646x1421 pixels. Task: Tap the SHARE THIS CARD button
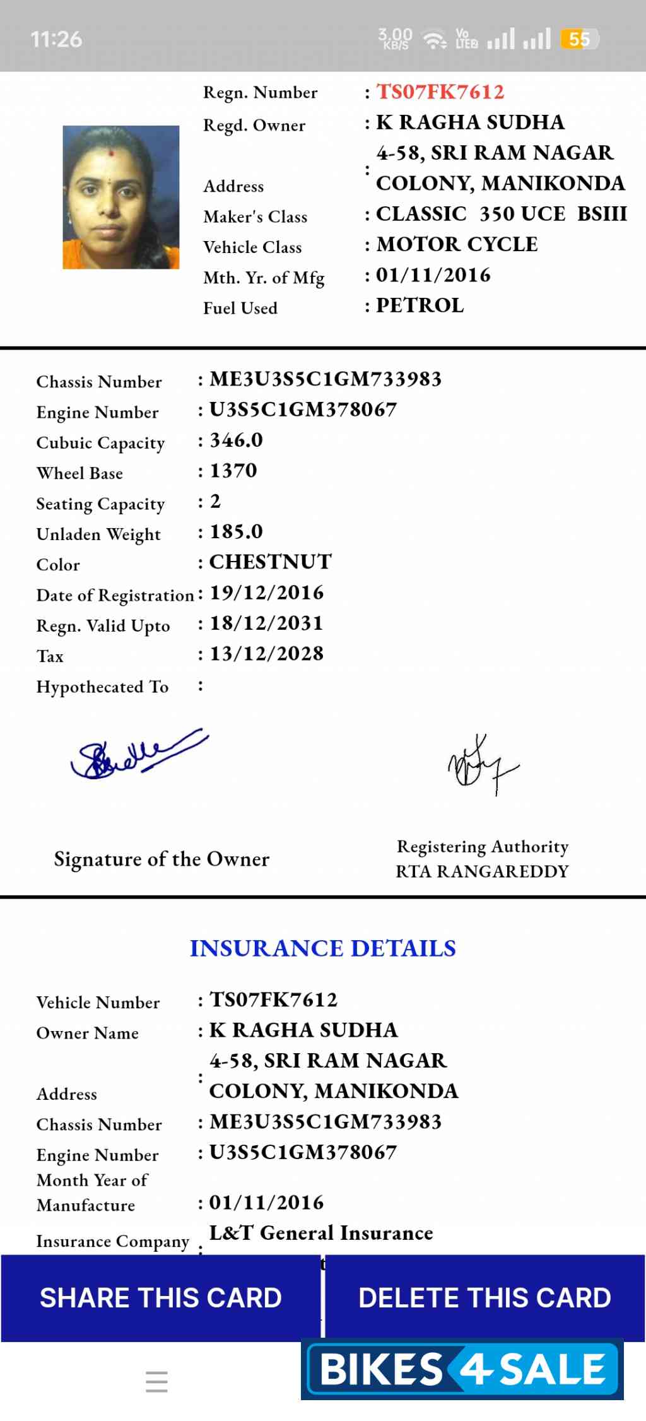coord(160,1297)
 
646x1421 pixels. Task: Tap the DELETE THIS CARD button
coord(484,1297)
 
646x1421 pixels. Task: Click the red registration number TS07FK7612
coord(440,92)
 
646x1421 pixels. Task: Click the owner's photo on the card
coord(120,198)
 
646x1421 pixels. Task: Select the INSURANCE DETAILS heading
coord(322,948)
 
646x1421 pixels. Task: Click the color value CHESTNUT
coord(270,562)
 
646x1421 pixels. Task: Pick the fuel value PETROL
coord(420,305)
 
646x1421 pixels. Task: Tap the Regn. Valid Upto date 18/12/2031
coord(266,623)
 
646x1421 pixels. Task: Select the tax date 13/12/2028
coord(266,654)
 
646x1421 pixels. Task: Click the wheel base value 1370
coord(233,471)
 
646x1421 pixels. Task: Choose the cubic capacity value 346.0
coord(236,440)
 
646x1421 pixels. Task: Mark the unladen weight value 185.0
coord(236,531)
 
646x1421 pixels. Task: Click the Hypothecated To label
coord(102,687)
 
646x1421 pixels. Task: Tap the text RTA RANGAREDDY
coord(482,871)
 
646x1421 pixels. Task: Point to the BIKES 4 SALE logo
coord(462,1369)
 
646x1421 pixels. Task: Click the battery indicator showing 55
coord(579,39)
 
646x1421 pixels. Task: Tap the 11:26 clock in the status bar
coord(56,39)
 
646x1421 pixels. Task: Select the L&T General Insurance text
coord(321,1233)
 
